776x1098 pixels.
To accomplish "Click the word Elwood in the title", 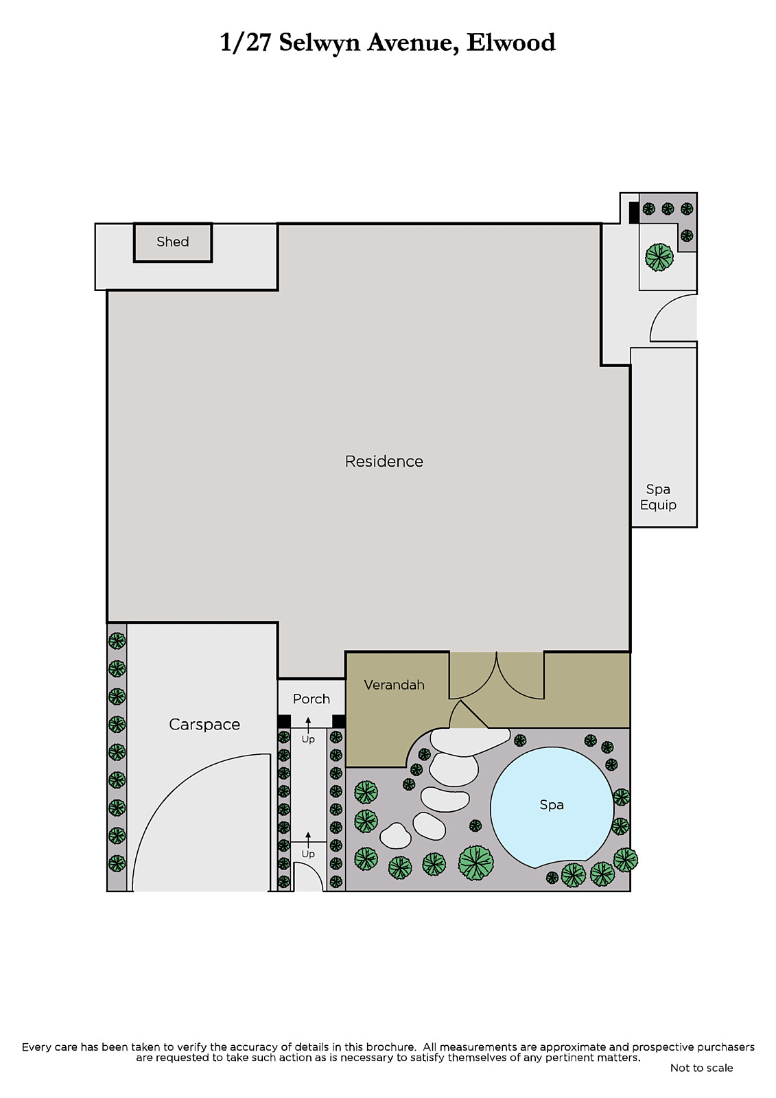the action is (x=510, y=42).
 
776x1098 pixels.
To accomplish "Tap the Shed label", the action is (x=172, y=242).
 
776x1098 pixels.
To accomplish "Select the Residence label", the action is (x=384, y=461).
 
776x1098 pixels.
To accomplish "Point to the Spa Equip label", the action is (x=658, y=497).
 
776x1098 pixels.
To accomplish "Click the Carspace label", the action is (x=204, y=725).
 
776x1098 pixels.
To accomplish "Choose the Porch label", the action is (x=311, y=699).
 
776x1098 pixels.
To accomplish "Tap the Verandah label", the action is (x=394, y=685).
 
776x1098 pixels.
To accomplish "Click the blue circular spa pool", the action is (x=552, y=808).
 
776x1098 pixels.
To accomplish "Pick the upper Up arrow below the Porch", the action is (x=308, y=724).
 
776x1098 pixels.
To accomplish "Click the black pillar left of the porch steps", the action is (x=284, y=721).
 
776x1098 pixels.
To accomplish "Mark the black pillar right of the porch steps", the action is (x=339, y=721).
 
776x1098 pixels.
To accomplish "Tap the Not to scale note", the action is (x=701, y=1068).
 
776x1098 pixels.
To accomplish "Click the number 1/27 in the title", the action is (x=245, y=42).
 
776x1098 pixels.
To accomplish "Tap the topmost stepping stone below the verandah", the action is (x=469, y=742).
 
